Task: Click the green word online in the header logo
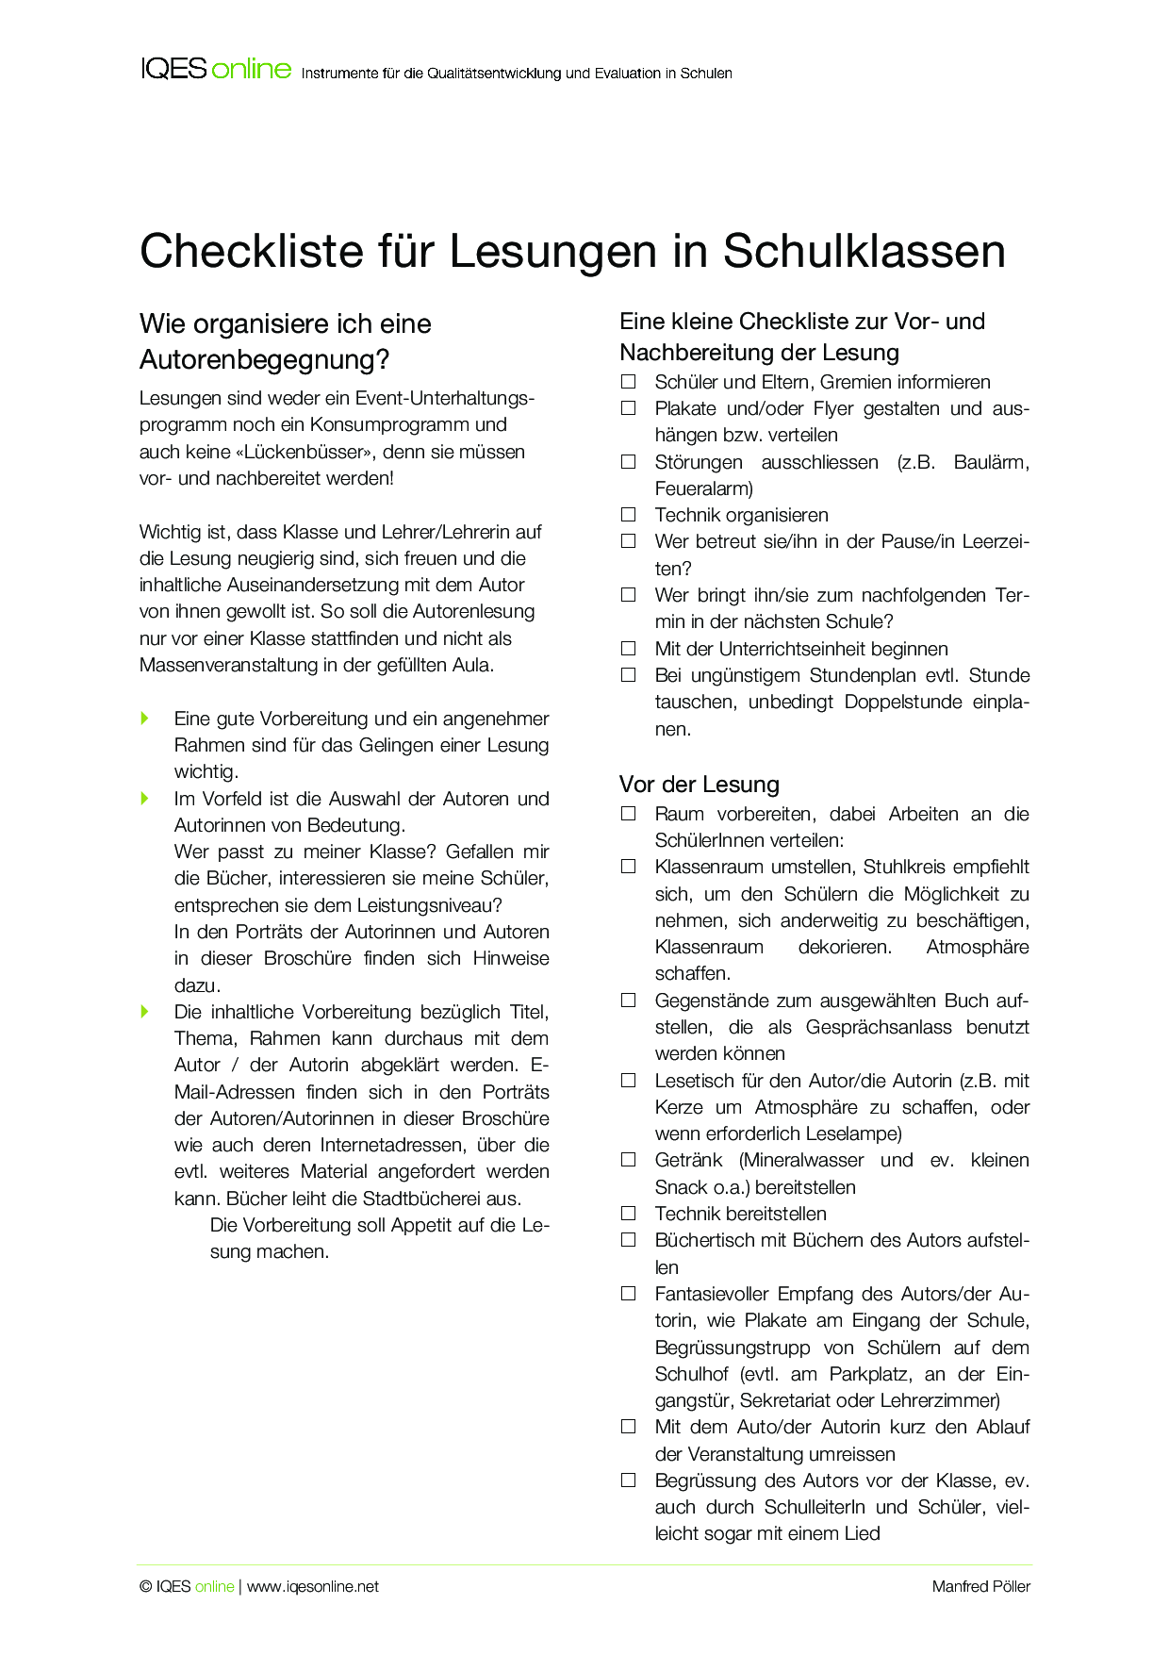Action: click(x=251, y=69)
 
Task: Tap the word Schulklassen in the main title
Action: click(x=864, y=252)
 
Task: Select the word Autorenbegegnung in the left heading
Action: click(x=256, y=359)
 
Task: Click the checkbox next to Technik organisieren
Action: click(x=629, y=515)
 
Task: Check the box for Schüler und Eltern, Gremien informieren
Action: click(x=629, y=382)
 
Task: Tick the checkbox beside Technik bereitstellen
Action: click(x=629, y=1214)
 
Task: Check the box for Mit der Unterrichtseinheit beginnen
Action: click(x=629, y=649)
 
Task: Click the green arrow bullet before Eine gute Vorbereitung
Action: click(x=145, y=719)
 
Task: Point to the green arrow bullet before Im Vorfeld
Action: click(x=145, y=799)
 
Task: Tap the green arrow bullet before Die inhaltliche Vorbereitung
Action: click(x=145, y=1012)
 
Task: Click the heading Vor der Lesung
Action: click(x=700, y=785)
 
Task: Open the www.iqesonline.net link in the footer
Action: click(x=313, y=1586)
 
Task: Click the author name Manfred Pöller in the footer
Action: click(x=980, y=1586)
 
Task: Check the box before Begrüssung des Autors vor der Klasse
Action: click(x=629, y=1480)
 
